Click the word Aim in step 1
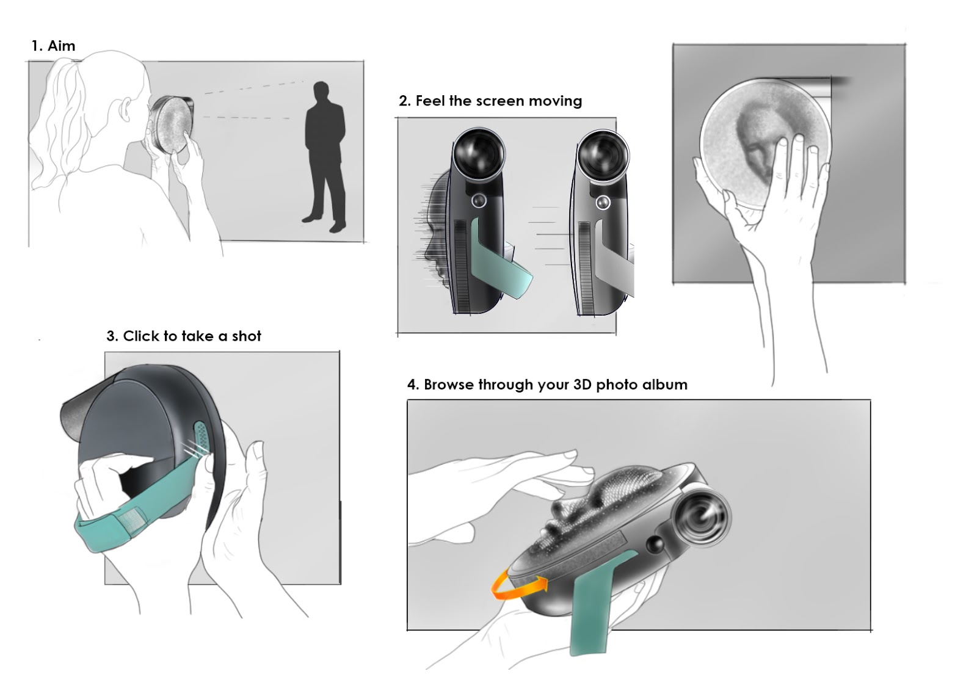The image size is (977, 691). [x=61, y=46]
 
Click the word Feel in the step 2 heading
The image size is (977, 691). [x=430, y=101]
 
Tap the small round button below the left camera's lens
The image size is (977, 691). [x=479, y=200]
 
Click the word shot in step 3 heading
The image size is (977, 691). [x=246, y=336]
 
